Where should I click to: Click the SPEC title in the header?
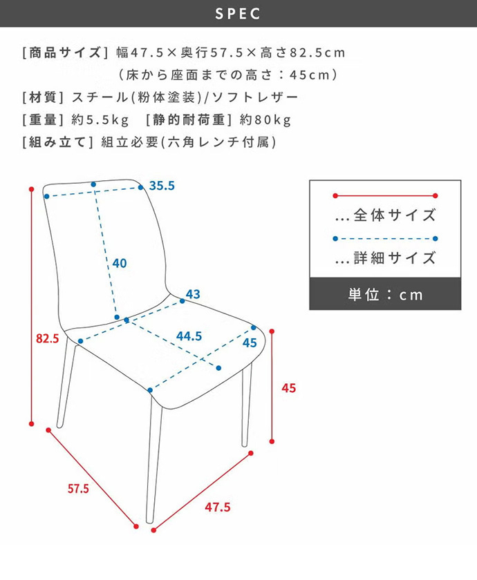238,13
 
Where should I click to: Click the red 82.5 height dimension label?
47,339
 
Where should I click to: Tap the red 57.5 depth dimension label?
78,489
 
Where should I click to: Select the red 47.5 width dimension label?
217,507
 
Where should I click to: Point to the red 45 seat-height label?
289,388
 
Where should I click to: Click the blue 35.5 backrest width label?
162,186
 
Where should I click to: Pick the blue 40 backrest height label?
119,263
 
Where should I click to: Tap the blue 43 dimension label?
193,294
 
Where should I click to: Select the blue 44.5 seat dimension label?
189,336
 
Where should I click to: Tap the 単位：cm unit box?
385,294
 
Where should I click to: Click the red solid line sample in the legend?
385,195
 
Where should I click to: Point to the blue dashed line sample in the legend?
385,239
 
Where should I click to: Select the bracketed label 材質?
43,97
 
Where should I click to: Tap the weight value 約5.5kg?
100,120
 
